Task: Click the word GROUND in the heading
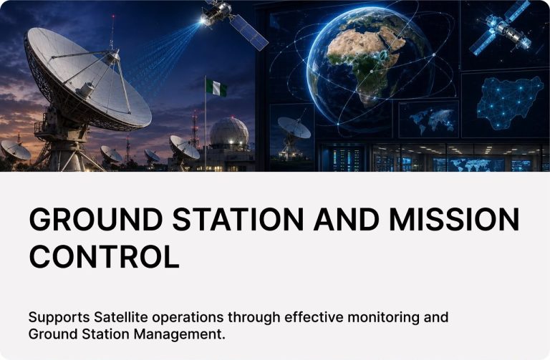click(x=96, y=219)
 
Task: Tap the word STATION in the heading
click(x=238, y=219)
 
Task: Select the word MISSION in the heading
click(x=454, y=219)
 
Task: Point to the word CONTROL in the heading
click(x=104, y=256)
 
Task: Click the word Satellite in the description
click(x=120, y=317)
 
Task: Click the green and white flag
click(x=216, y=87)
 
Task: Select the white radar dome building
click(x=229, y=134)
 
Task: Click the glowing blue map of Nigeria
click(x=509, y=103)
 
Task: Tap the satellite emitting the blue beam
click(x=231, y=21)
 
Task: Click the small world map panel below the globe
click(x=429, y=120)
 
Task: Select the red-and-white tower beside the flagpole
click(x=195, y=130)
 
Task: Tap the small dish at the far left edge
click(x=15, y=151)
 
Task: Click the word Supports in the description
click(x=59, y=318)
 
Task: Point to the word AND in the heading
click(x=346, y=219)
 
